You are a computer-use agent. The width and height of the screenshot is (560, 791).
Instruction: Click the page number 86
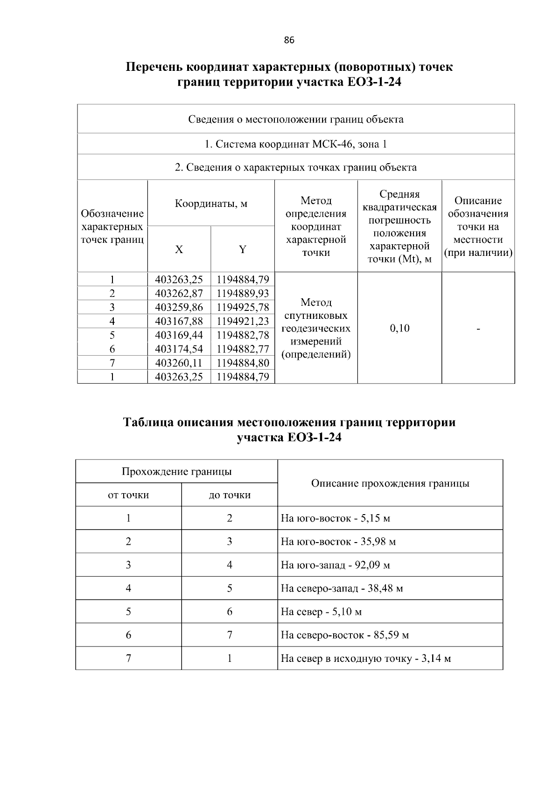click(x=289, y=40)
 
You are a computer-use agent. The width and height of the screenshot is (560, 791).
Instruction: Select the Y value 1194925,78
click(x=243, y=307)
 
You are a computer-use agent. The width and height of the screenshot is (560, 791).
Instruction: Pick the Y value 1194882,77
click(x=243, y=349)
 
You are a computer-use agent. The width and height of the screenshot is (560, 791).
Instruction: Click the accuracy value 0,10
click(x=399, y=328)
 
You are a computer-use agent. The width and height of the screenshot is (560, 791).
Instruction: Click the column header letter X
click(x=179, y=249)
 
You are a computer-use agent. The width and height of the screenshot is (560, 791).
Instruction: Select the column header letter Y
click(x=243, y=249)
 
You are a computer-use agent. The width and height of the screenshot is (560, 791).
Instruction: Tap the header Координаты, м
click(x=211, y=204)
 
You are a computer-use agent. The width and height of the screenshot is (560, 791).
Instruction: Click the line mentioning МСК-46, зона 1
click(x=296, y=144)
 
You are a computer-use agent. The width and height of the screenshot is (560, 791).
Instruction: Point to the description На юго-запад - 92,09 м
click(x=335, y=565)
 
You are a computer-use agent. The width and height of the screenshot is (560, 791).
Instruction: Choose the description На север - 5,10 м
click(x=321, y=612)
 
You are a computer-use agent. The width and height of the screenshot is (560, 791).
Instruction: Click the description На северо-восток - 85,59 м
click(x=344, y=635)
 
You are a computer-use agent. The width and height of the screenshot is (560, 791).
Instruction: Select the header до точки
click(x=230, y=495)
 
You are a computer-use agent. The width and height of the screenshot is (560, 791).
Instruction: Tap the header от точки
click(x=128, y=495)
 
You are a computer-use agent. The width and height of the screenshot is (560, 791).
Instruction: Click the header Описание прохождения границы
click(x=390, y=483)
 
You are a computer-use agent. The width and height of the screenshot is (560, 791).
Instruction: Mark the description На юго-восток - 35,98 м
click(x=338, y=542)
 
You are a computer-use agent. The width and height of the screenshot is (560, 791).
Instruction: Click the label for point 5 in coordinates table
click(x=112, y=335)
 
